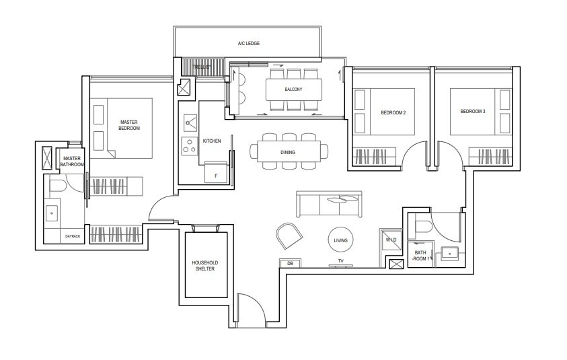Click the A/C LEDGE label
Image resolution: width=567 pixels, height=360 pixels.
point(248,44)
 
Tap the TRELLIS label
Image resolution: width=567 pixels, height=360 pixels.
point(200,67)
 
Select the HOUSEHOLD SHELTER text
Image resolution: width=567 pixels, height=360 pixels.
point(205,266)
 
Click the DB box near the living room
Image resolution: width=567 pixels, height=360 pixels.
point(290,263)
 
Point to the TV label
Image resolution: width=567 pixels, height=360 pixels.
point(340,261)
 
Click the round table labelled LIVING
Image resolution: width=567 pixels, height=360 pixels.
point(340,240)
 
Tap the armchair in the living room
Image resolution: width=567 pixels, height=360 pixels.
point(289,236)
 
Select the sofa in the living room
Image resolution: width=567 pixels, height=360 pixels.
point(329,204)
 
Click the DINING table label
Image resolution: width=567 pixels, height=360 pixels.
point(288,152)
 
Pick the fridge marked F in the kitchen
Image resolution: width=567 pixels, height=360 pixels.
point(217,172)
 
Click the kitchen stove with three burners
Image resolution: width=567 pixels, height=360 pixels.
point(188,146)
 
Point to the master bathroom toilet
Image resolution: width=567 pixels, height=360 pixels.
point(58,186)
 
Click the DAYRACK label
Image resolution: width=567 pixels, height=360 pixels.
point(73,236)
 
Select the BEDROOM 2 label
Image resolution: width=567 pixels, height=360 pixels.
point(393,113)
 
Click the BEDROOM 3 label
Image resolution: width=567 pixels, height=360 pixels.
point(473,112)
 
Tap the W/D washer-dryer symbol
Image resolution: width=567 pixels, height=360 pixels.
point(391,240)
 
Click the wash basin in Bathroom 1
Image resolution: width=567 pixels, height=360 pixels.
point(449,253)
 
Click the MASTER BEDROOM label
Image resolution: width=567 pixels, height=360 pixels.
point(129,125)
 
